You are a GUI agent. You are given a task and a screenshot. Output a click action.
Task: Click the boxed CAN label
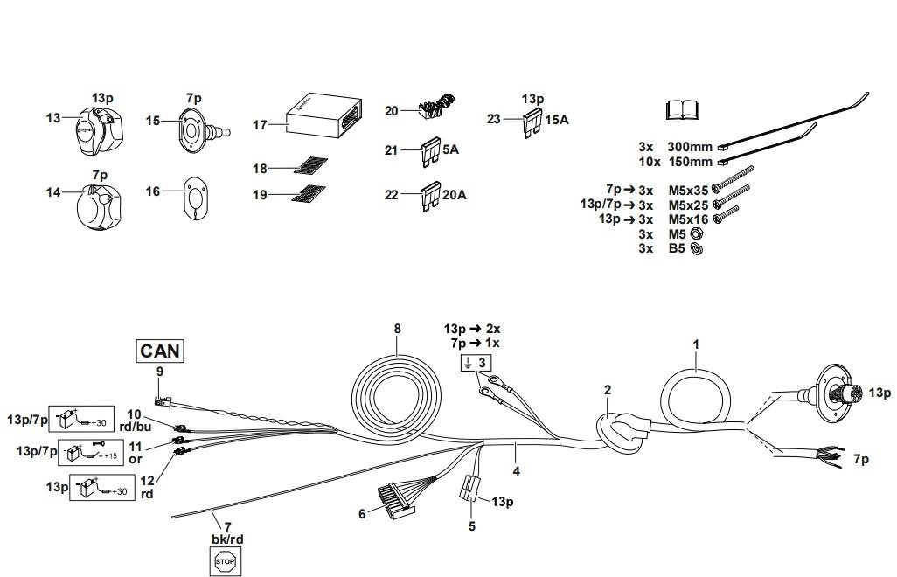pos(160,351)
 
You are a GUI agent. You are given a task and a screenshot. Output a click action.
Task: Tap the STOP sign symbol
pos(226,560)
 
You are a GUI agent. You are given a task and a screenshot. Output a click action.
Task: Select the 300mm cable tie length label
pos(689,147)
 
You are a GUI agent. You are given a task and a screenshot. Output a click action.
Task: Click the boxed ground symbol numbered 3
pos(477,363)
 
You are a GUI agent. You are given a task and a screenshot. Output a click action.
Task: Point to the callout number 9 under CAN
pos(159,371)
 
